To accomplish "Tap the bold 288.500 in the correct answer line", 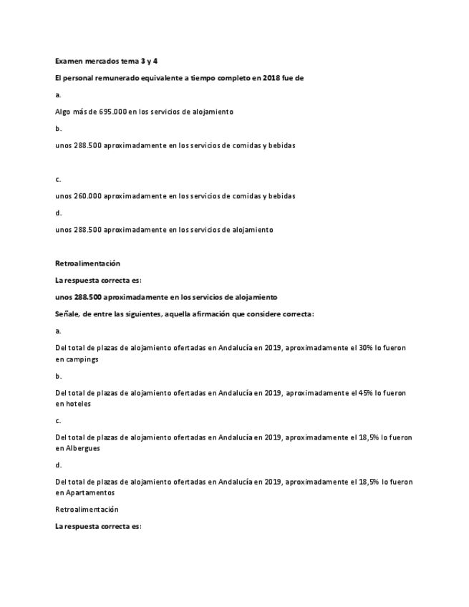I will [x=88, y=296].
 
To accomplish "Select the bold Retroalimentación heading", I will [x=87, y=263].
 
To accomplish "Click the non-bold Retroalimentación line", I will [x=87, y=510].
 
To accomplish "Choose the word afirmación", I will [x=211, y=314].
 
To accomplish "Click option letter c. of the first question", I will [x=58, y=179].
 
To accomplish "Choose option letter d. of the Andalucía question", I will [x=58, y=465].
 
